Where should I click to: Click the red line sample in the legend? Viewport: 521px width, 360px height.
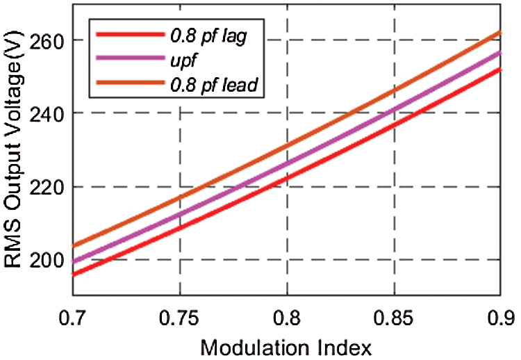pyautogui.click(x=129, y=35)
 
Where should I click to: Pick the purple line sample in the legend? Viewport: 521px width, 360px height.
pyautogui.click(x=129, y=60)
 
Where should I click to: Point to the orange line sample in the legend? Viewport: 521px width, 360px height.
pyautogui.click(x=129, y=85)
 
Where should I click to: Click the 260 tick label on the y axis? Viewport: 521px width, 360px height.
pyautogui.click(x=47, y=40)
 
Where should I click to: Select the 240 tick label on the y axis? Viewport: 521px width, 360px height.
pyautogui.click(x=47, y=113)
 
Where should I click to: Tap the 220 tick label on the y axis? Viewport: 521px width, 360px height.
pyautogui.click(x=47, y=186)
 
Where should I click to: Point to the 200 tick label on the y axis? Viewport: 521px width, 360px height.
pyautogui.click(x=47, y=260)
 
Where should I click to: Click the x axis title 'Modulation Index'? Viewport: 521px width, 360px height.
pyautogui.click(x=286, y=345)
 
